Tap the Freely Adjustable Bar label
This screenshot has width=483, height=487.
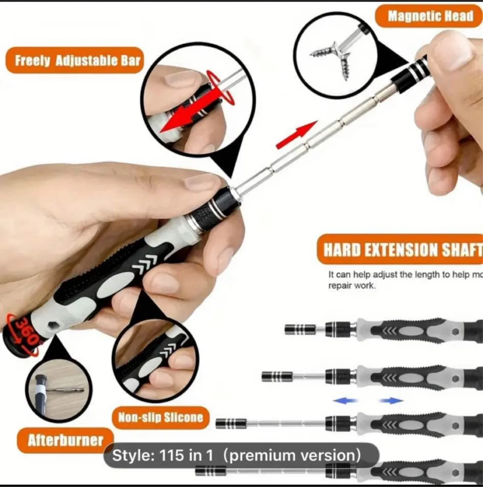77,61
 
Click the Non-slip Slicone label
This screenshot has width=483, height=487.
160,417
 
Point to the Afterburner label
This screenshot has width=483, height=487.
65,440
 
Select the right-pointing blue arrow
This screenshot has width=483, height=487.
391,401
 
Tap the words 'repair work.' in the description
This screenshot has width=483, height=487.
352,286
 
